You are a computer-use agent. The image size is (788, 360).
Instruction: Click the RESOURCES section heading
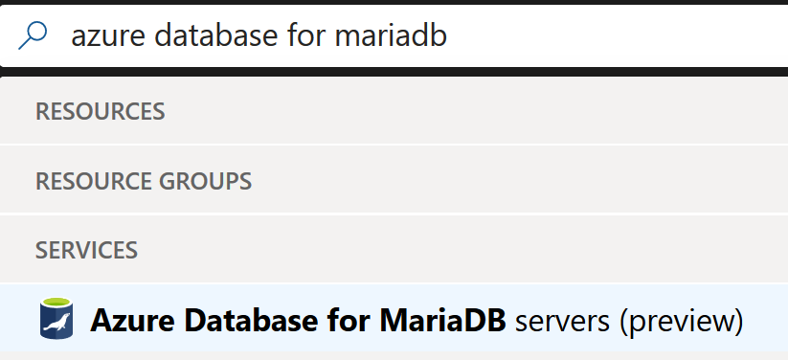point(100,112)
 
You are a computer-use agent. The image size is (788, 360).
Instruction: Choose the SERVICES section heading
point(86,251)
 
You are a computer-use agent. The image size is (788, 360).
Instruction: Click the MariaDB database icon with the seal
point(56,319)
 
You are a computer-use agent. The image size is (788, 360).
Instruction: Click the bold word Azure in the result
point(124,320)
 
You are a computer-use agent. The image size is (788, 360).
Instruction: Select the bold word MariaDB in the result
point(428,320)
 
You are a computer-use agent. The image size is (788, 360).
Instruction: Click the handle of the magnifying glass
point(24,44)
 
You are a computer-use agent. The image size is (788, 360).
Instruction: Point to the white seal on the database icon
point(56,322)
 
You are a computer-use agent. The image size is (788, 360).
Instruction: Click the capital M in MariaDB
point(368,320)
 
